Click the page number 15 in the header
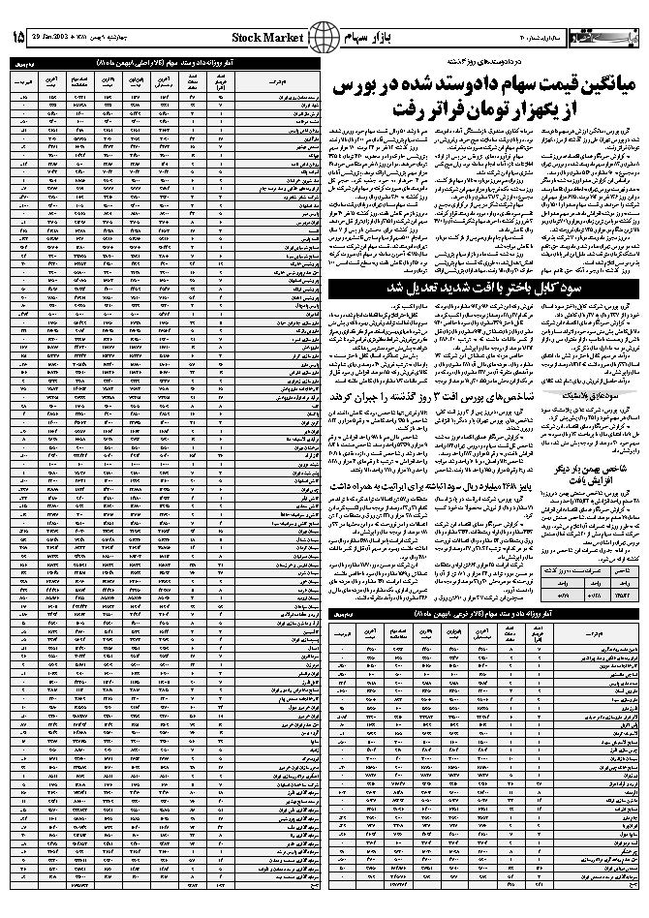[x=18, y=38]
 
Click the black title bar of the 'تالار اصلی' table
[x=164, y=63]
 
